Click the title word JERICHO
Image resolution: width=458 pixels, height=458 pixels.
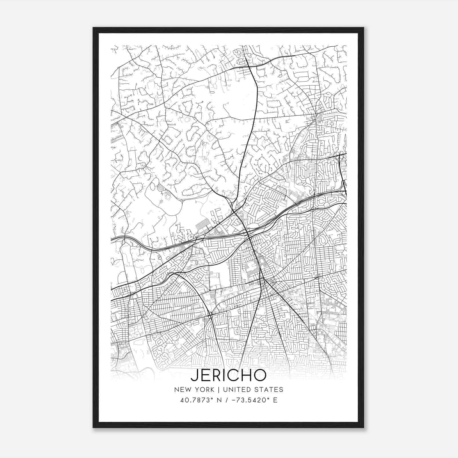[228, 375]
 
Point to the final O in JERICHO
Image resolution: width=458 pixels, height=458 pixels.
[259, 375]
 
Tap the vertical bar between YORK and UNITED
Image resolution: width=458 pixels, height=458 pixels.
[218, 390]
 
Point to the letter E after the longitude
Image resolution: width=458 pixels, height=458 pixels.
[275, 400]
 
